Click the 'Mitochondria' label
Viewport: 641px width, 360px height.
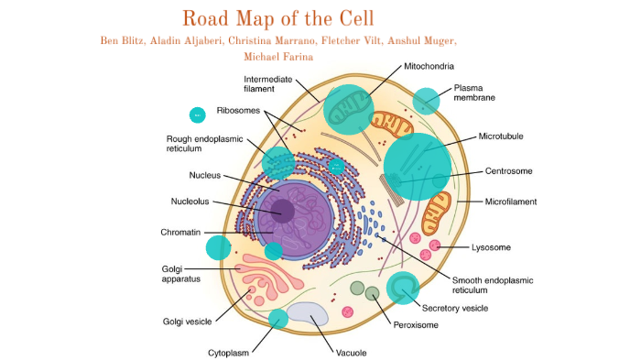coord(429,66)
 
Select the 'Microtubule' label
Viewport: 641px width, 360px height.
coord(502,136)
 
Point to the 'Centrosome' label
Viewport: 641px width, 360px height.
coord(509,171)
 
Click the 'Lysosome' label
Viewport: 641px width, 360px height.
coord(491,247)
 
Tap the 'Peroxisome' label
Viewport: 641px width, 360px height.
coord(416,324)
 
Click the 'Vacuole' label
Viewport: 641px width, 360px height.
coord(351,352)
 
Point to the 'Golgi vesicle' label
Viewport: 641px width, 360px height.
coord(189,321)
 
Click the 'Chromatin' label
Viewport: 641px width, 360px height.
coord(180,233)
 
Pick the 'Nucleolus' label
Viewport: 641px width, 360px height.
coord(191,202)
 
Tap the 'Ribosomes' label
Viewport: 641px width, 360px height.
coord(238,111)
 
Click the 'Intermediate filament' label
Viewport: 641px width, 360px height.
coord(267,85)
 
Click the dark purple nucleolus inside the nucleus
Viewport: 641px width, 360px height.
coord(282,212)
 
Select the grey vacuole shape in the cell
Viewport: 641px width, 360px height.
coord(310,315)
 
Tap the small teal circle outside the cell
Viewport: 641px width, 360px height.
coord(197,115)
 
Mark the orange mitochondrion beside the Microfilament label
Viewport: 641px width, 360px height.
coord(437,212)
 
